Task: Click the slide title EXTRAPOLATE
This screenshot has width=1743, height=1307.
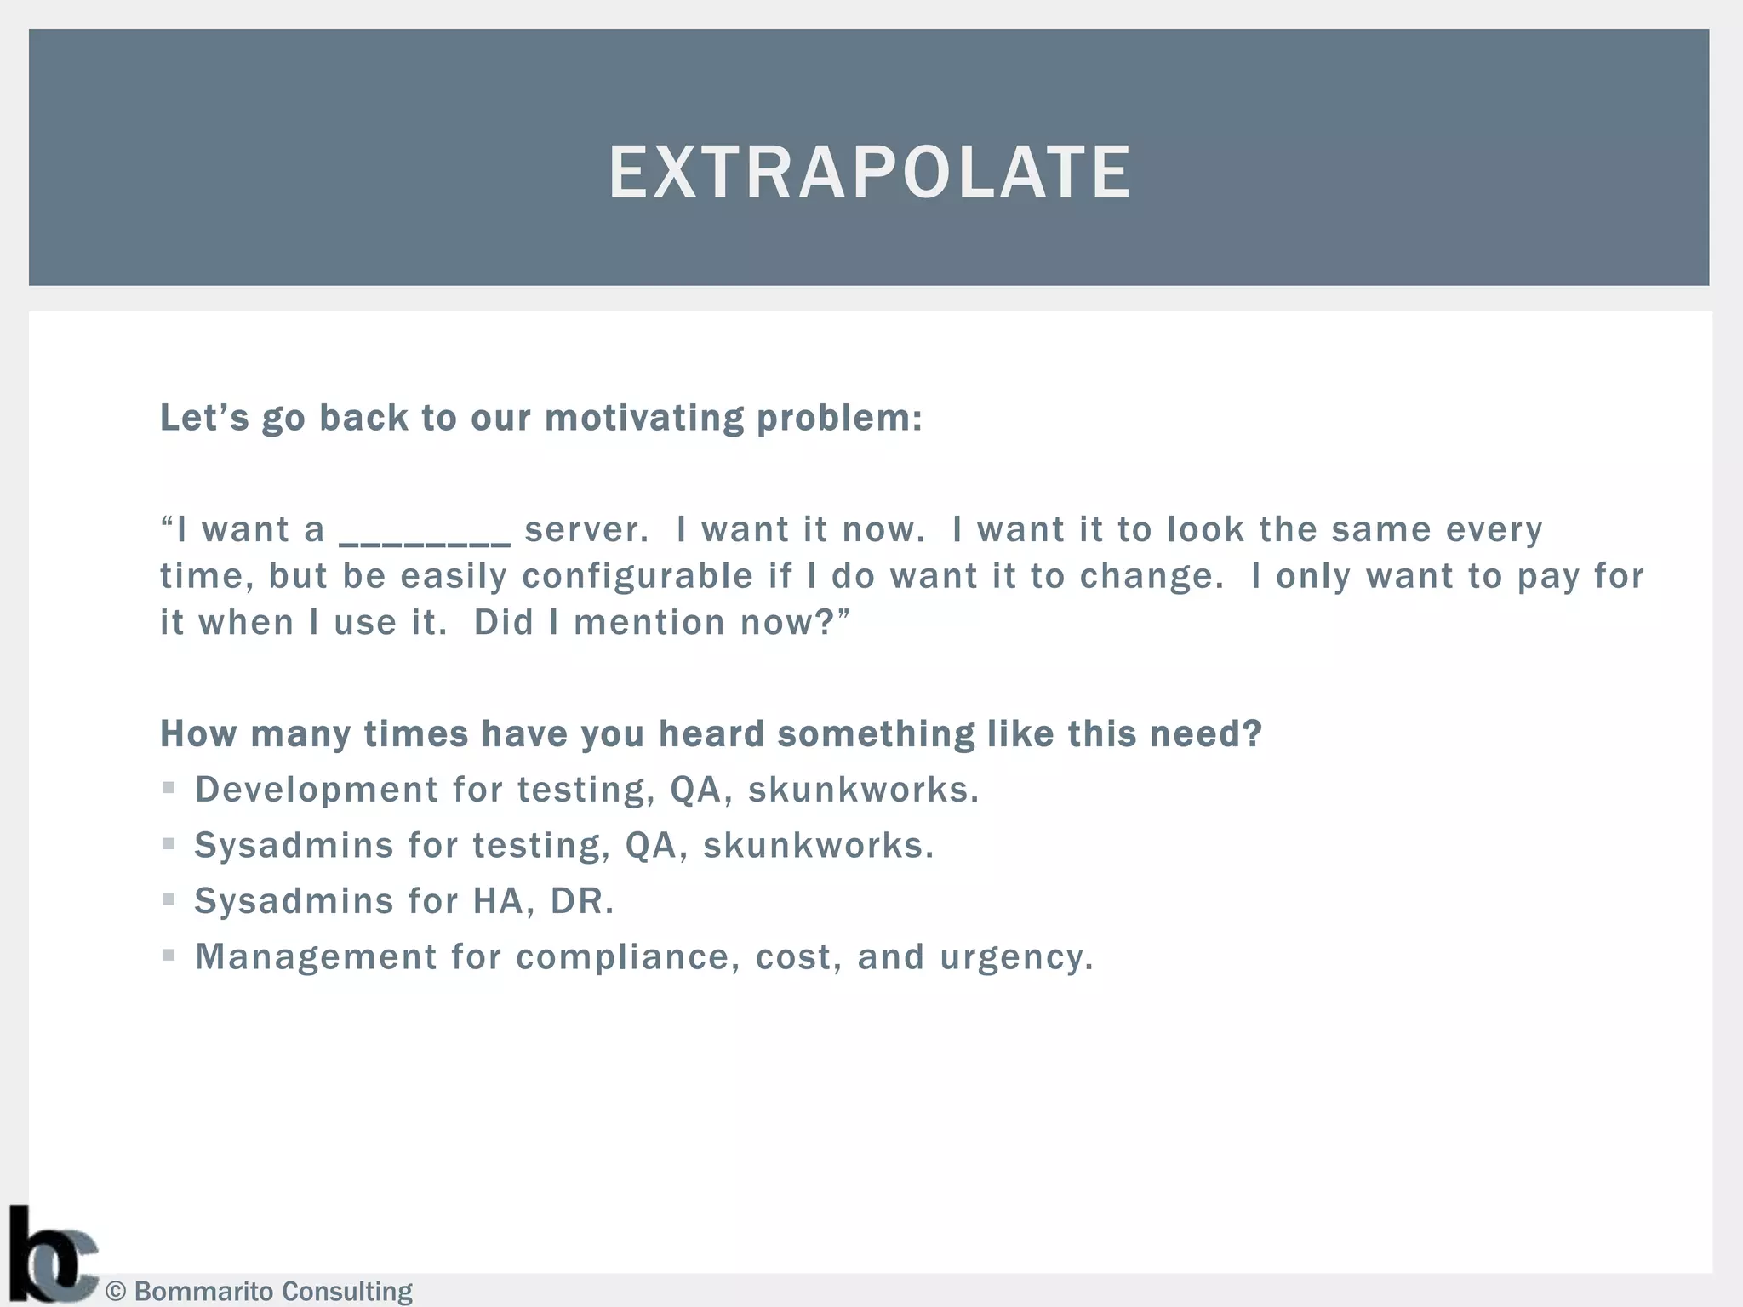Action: click(869, 173)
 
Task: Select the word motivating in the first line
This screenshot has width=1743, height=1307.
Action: click(644, 418)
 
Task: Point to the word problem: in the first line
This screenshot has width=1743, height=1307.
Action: click(839, 418)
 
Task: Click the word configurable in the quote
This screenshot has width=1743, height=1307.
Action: click(637, 576)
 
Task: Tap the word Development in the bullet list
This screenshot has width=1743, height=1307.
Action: click(316, 790)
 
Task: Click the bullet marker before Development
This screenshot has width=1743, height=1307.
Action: click(169, 789)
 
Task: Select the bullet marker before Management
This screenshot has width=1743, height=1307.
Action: click(169, 956)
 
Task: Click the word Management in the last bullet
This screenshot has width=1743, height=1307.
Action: click(316, 956)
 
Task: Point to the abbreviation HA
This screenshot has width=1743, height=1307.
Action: click(498, 901)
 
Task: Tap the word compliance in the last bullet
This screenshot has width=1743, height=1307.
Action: click(622, 957)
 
